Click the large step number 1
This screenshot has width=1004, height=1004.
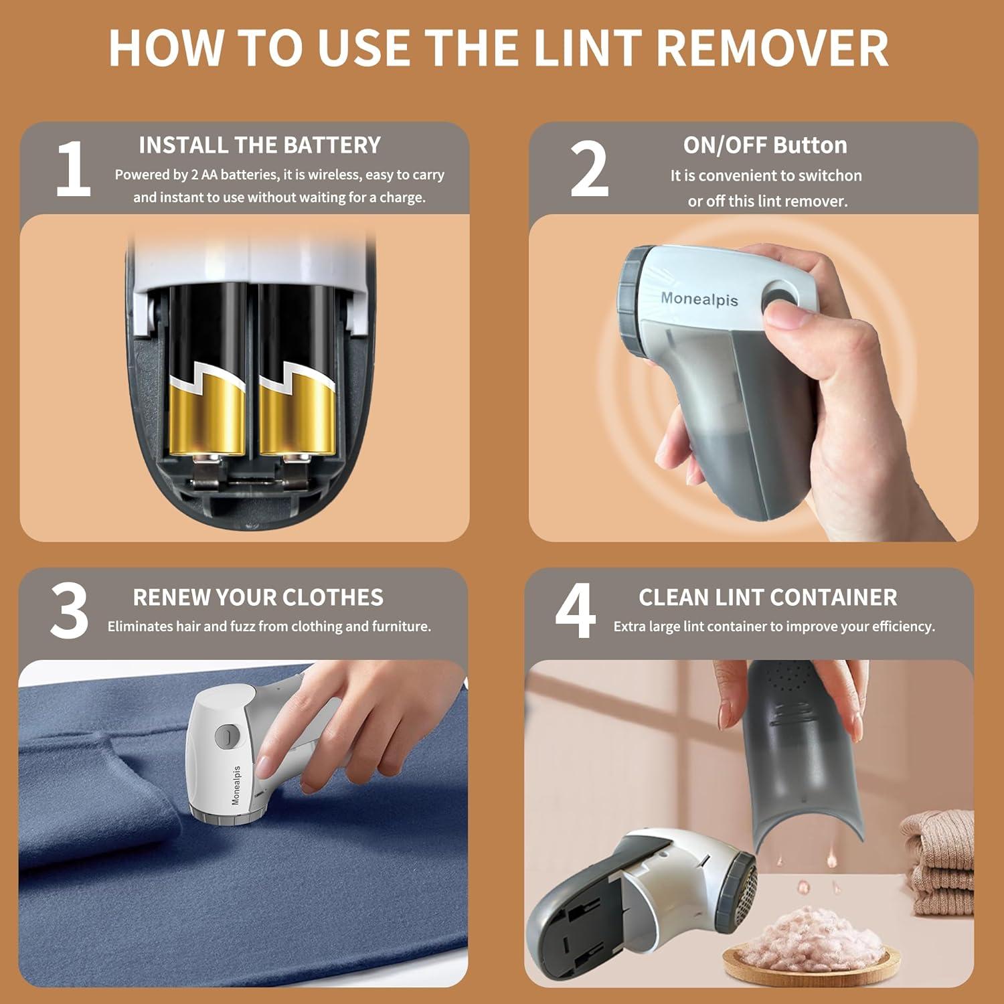(73, 169)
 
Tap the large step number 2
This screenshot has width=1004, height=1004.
(589, 169)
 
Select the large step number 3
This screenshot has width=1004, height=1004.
(69, 610)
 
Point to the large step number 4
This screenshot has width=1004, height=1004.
(575, 610)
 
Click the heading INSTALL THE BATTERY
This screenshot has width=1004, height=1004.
(260, 145)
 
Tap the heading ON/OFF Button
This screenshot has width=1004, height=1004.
(764, 145)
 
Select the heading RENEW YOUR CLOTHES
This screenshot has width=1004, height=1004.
(258, 597)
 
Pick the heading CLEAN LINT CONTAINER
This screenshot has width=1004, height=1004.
(767, 597)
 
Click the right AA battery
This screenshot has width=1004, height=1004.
(297, 375)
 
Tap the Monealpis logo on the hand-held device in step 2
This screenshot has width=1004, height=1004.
(699, 299)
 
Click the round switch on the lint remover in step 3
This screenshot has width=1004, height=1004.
(226, 737)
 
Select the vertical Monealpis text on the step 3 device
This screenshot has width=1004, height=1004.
(236, 785)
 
